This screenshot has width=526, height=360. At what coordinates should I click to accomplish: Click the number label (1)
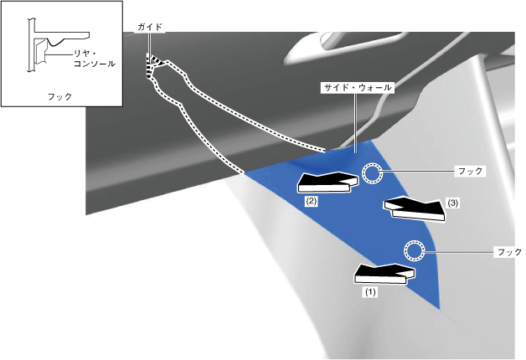tap(369, 293)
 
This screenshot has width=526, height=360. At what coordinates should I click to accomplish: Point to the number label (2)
tap(310, 202)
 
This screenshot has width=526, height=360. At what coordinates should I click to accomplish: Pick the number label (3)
tap(453, 203)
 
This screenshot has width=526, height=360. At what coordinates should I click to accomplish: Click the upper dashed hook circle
tap(372, 173)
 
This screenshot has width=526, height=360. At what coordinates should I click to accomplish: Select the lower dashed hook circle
tap(414, 249)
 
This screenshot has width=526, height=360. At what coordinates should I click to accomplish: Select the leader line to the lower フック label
tap(457, 250)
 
